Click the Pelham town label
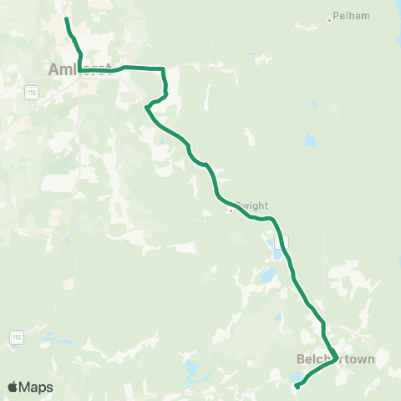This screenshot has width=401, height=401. tap(352, 16)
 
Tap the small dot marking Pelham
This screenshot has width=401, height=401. tap(331, 20)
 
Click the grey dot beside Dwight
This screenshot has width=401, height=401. tap(231, 210)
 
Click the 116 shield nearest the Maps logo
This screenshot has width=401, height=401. tap(15, 337)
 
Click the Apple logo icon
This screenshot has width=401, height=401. tap(13, 387)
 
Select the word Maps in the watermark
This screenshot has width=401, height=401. tap(36, 388)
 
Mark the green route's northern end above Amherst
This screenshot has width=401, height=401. tap(66, 18)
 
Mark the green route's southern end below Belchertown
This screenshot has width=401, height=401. tap(297, 387)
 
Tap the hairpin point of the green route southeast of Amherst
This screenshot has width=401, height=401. tap(146, 107)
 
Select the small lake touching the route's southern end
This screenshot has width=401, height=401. tap(297, 378)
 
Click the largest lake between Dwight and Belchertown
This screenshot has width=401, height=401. tap(268, 275)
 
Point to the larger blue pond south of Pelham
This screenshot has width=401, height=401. tap(311, 140)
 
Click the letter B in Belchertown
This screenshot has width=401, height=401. tap(301, 359)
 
